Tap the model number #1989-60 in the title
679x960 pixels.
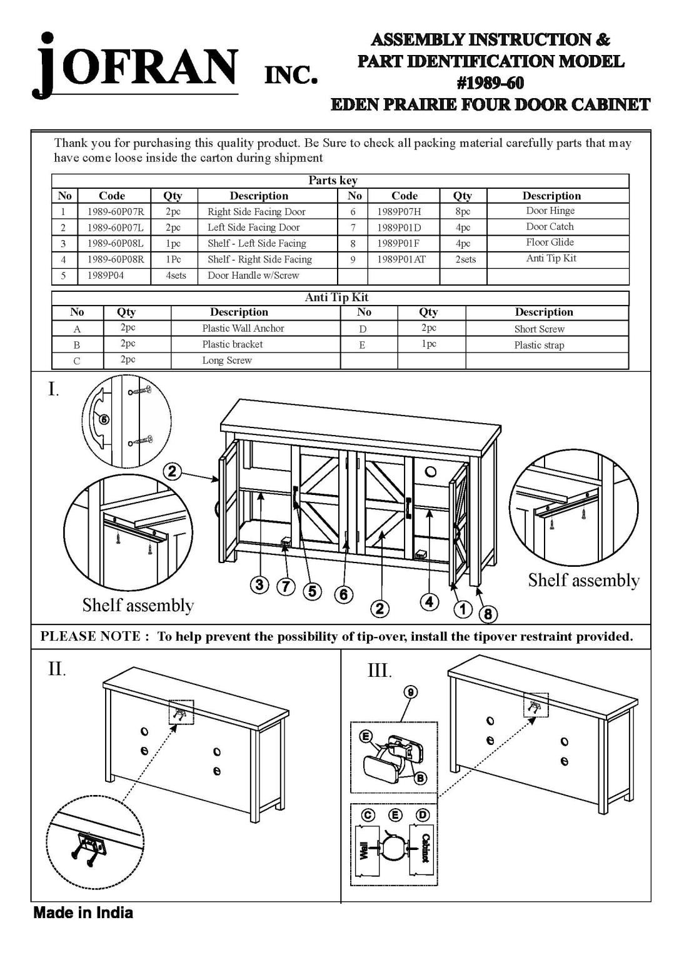tap(490, 82)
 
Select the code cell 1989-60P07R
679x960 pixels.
tap(116, 212)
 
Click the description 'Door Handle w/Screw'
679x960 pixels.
tap(253, 275)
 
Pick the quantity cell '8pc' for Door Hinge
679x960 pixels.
tap(463, 212)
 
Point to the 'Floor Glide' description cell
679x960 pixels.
tap(550, 242)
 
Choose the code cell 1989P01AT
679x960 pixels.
tap(401, 259)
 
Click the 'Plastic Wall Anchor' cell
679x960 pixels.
tap(243, 328)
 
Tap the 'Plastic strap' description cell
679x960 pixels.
tap(539, 345)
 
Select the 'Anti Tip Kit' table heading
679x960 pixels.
tap(336, 297)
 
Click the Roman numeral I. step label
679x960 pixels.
tap(54, 390)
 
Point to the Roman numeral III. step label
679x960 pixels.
tap(379, 671)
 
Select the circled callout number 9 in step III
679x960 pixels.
tap(410, 692)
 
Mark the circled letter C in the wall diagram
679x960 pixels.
tap(368, 814)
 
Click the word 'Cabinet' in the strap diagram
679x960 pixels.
tap(425, 848)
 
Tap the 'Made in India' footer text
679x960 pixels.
tap(83, 912)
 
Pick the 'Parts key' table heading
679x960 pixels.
tap(333, 181)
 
